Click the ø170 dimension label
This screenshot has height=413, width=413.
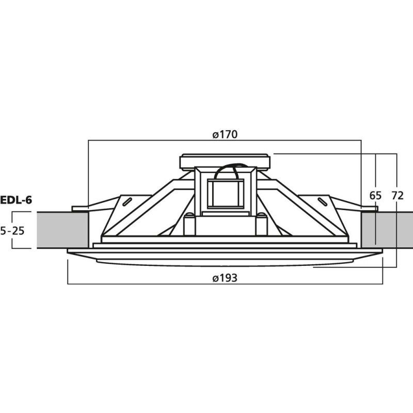click(225, 135)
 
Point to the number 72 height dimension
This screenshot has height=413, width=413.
click(398, 196)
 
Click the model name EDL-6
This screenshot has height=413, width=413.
click(16, 200)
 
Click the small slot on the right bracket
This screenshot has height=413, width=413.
click(323, 201)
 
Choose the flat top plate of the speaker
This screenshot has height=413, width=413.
click(225, 162)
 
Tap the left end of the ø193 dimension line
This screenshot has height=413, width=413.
click(68, 284)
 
